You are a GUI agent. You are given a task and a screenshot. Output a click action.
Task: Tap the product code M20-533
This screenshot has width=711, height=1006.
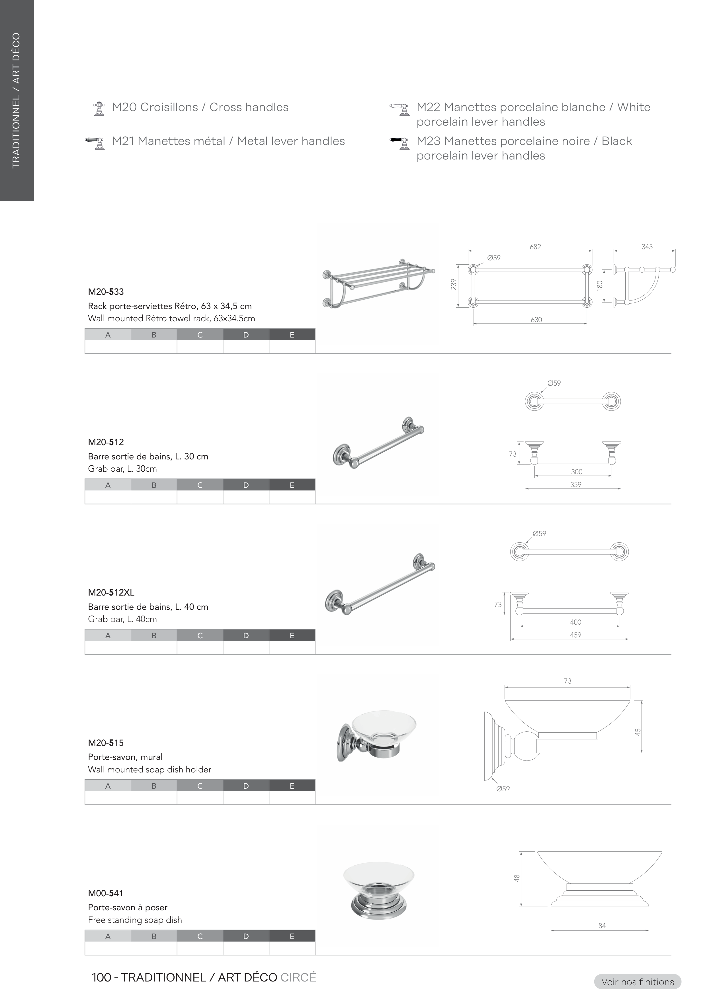coord(106,292)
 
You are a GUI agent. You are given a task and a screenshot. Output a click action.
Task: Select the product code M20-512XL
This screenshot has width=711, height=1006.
coord(111,592)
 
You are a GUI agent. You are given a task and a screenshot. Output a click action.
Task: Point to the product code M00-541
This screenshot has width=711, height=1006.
coord(106,893)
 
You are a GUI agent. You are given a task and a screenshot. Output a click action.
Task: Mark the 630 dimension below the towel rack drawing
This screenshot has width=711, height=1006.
coord(536,320)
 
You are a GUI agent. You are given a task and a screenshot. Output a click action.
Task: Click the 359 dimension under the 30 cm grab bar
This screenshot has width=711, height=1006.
coord(576,484)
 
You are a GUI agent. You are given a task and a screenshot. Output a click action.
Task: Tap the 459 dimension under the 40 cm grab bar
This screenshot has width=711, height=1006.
coord(576,635)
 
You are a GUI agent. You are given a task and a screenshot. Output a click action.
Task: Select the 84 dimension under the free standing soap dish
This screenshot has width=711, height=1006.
coord(602,926)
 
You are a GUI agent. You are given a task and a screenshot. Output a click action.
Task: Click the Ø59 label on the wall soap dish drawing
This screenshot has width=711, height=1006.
coord(503,789)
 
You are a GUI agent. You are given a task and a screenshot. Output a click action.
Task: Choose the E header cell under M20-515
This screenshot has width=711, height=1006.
coord(292,786)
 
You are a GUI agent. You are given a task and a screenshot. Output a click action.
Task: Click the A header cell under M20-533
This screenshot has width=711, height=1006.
coord(108,335)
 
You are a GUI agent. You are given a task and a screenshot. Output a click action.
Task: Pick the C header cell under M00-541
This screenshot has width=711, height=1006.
coord(200,936)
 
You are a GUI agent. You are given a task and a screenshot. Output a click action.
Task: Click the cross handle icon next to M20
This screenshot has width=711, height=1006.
coord(99,109)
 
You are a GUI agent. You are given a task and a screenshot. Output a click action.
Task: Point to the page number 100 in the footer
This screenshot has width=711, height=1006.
coord(101,978)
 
